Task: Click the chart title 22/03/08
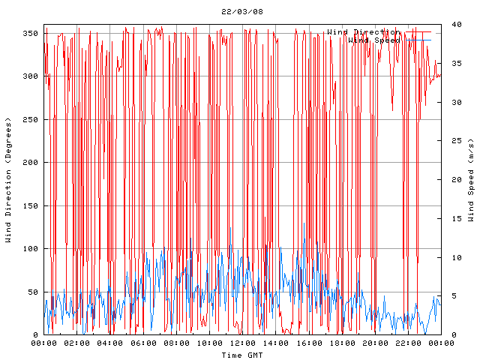coord(242,11)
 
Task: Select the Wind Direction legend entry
coord(363,32)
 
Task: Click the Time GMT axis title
coord(242,354)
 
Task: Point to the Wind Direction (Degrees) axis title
coord(9,181)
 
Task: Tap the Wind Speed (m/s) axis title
coord(471,180)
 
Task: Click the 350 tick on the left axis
coord(31,34)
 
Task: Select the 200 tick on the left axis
coord(31,163)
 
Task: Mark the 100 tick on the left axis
coord(31,249)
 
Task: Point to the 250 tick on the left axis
coord(31,120)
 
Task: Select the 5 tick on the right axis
coord(450,296)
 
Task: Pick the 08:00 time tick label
coord(176,343)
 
